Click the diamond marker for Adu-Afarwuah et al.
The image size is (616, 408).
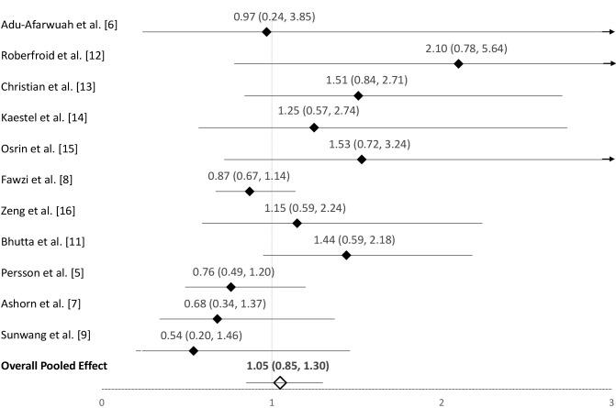(266, 31)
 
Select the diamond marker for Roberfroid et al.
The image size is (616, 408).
(458, 63)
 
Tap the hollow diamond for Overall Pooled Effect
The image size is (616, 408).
(280, 382)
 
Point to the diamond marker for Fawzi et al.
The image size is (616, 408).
(250, 191)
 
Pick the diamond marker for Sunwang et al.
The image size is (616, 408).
(194, 350)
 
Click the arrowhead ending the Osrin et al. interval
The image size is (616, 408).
(610, 159)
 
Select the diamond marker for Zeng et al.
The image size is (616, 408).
(297, 223)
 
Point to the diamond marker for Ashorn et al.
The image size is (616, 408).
(218, 318)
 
